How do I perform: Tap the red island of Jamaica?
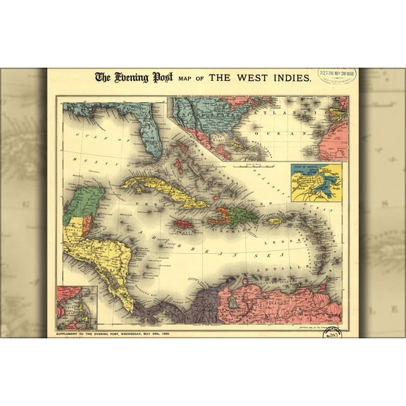[x=184, y=223]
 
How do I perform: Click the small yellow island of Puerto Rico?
[x=275, y=221]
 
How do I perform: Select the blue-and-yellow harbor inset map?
[x=316, y=183]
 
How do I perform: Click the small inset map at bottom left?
[x=77, y=307]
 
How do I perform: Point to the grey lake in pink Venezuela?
[x=232, y=300]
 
